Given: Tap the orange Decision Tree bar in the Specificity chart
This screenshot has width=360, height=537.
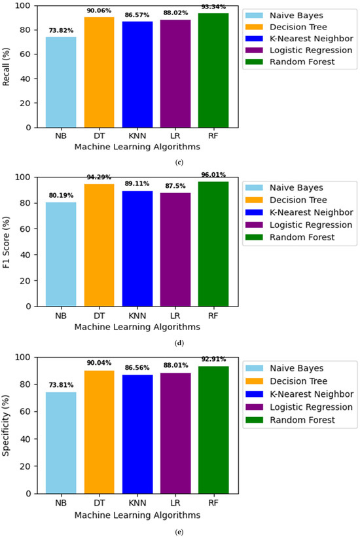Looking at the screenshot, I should [99, 432].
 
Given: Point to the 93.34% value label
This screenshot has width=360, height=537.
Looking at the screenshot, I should [213, 7].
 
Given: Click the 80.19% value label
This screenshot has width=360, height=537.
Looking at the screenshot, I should [61, 194].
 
